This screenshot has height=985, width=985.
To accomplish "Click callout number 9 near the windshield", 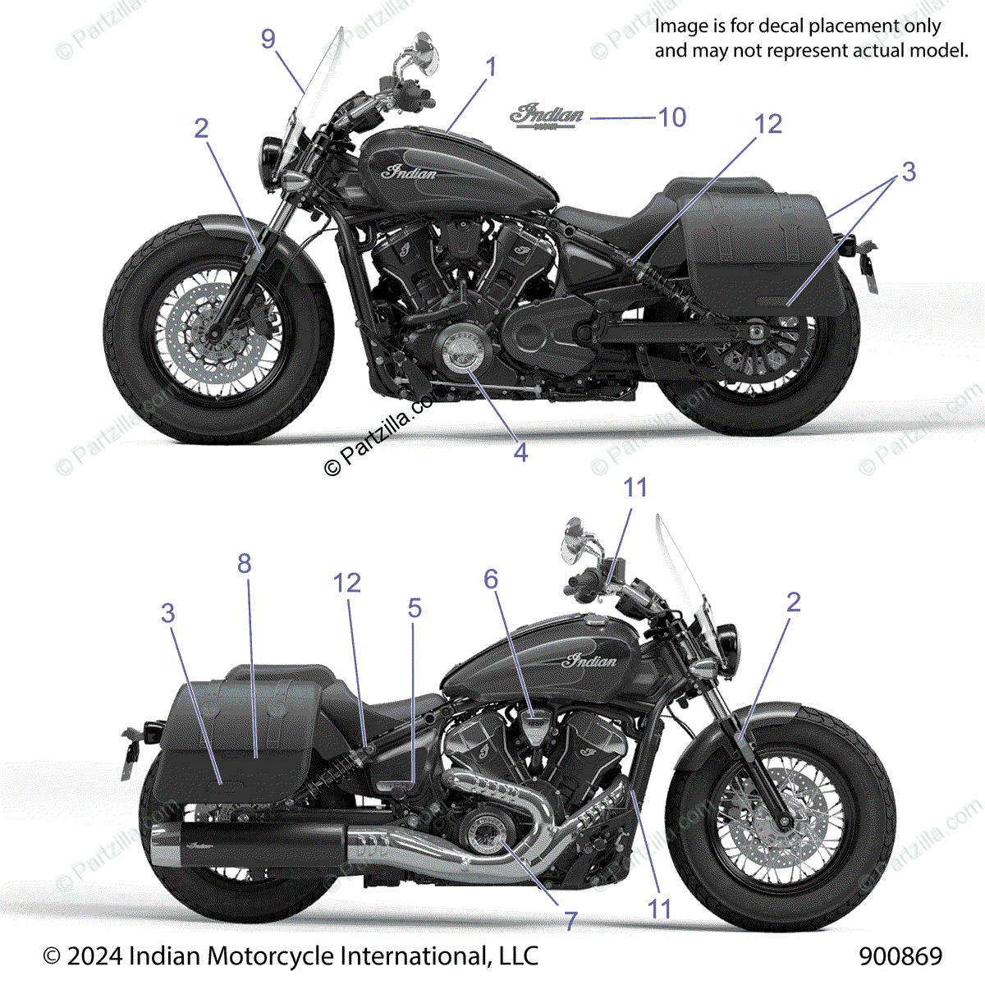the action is (x=268, y=39).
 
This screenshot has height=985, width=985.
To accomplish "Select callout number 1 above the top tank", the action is (x=491, y=67).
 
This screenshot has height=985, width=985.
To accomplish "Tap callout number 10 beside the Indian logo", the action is (x=672, y=117).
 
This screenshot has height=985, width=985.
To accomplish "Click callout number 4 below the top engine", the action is (x=520, y=451).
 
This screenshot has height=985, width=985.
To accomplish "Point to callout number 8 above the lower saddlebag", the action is (x=244, y=563).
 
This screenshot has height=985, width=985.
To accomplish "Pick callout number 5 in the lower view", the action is (x=415, y=608).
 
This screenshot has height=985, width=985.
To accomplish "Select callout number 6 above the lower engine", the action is (x=491, y=580).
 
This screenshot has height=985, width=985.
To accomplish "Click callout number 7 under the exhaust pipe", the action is (x=570, y=921).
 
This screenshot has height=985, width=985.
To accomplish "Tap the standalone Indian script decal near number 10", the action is (x=547, y=115).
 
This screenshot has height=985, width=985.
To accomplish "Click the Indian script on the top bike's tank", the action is (x=411, y=172).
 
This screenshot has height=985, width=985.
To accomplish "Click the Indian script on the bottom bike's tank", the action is (x=590, y=661).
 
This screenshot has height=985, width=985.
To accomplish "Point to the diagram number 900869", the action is (x=900, y=956).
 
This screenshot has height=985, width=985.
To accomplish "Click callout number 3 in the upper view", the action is (x=908, y=172).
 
